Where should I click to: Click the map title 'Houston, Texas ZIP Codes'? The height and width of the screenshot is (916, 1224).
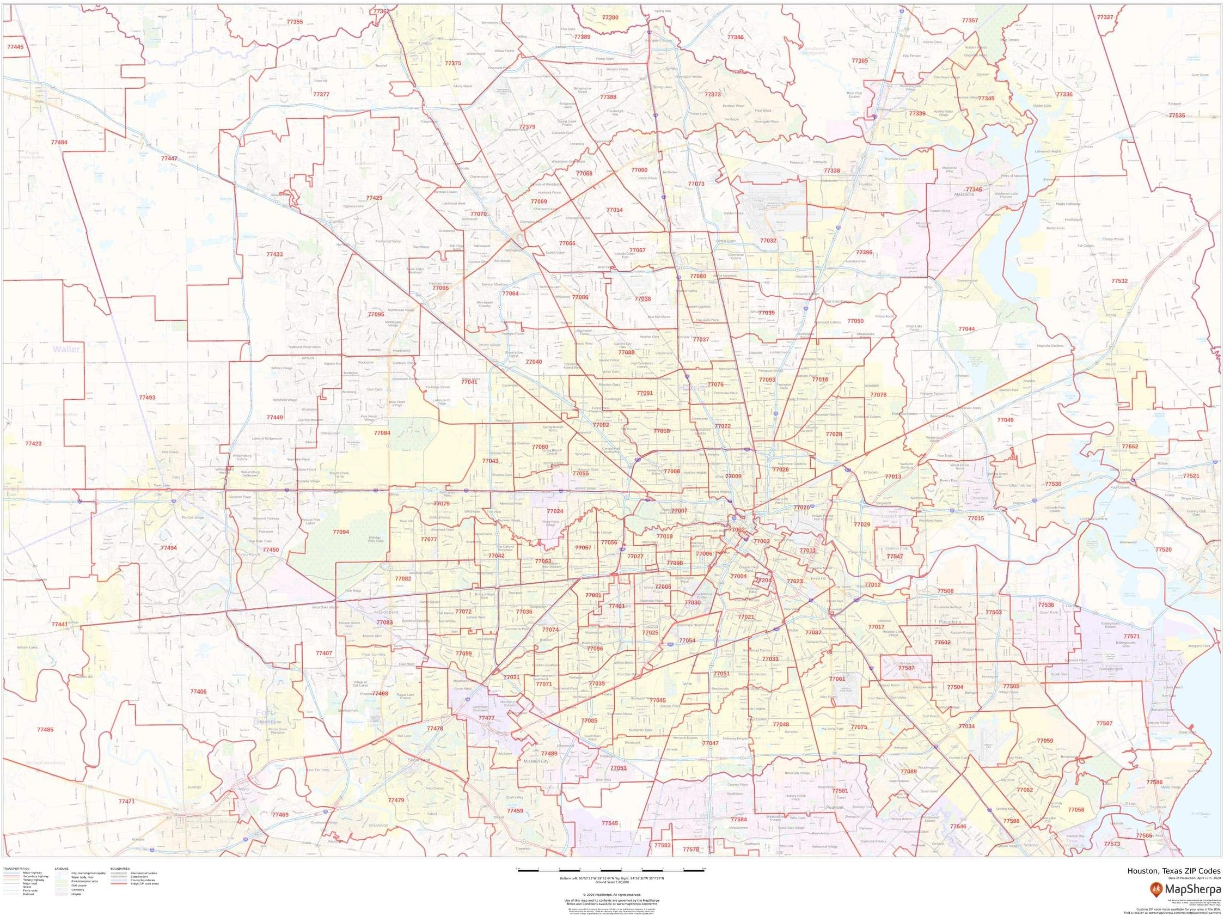click(1174, 871)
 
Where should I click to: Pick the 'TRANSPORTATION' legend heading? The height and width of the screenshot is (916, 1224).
click(16, 869)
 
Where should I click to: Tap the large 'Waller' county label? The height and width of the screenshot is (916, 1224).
click(66, 349)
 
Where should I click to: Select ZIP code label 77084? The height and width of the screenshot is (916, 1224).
click(382, 433)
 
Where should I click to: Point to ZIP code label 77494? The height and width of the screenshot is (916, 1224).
click(169, 548)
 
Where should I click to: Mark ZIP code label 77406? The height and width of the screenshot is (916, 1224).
click(198, 692)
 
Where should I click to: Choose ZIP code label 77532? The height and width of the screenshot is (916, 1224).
click(1119, 281)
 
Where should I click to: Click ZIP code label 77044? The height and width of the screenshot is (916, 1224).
click(966, 329)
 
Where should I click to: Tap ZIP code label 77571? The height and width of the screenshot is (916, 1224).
click(1131, 637)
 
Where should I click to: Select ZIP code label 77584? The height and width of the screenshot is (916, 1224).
click(739, 820)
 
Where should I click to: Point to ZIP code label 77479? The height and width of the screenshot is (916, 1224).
click(396, 801)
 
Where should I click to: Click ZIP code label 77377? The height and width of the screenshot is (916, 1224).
click(321, 95)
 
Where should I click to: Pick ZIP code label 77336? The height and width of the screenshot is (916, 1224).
click(1064, 95)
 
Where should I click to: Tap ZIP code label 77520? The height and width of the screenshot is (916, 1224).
click(1163, 549)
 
